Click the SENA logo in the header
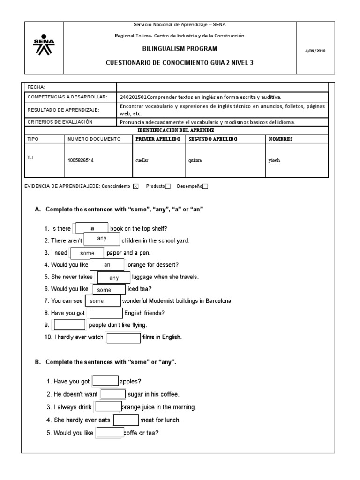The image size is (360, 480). click(x=44, y=45)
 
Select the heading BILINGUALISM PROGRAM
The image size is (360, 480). click(x=180, y=48)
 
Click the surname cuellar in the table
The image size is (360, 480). click(x=141, y=159)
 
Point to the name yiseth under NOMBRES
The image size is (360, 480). click(x=274, y=159)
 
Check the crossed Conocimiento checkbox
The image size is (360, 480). click(x=136, y=186)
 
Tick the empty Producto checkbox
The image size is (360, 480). click(x=168, y=186)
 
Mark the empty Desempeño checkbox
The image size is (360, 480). click(x=205, y=186)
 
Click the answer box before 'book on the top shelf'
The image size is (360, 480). click(x=92, y=228)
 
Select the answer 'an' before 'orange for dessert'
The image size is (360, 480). click(x=107, y=265)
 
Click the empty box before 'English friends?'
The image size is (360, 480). click(x=106, y=313)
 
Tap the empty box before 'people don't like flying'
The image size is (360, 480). click(x=70, y=325)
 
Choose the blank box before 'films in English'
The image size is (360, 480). click(x=124, y=337)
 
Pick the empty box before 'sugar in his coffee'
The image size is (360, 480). click(x=113, y=395)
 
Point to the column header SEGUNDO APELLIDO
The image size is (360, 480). click(x=212, y=139)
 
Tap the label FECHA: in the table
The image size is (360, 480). click(x=36, y=87)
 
